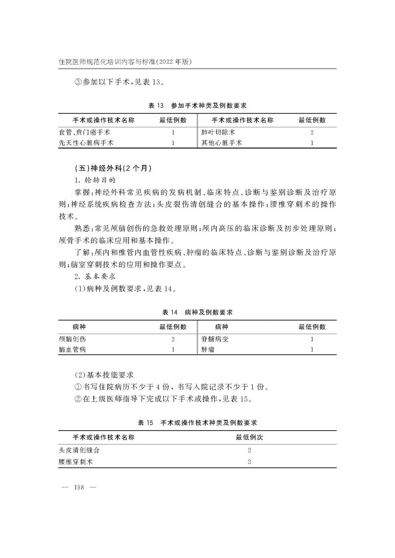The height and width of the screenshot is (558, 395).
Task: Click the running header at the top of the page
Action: pos(125,62)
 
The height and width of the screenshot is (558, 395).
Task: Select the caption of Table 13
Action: pos(197,106)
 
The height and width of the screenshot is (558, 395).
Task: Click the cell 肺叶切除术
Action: pos(218,133)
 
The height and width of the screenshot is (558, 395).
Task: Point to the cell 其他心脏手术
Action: pos(222,143)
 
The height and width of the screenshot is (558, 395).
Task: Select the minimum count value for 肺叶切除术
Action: pos(312,133)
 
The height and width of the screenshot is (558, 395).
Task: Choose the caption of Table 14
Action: pos(197,312)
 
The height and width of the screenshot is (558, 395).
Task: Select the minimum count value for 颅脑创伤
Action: pos(173,339)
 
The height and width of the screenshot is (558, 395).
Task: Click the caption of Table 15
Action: pos(197,423)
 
